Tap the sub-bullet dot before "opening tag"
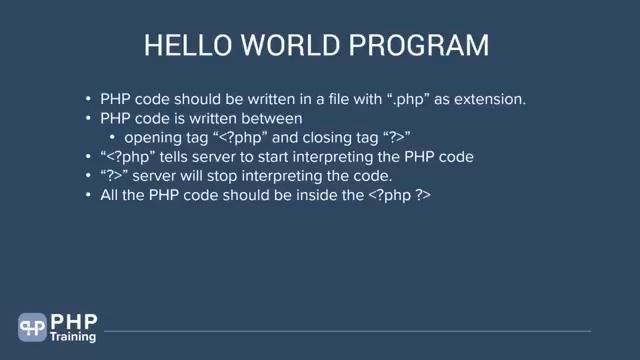112,138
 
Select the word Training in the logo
74,337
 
